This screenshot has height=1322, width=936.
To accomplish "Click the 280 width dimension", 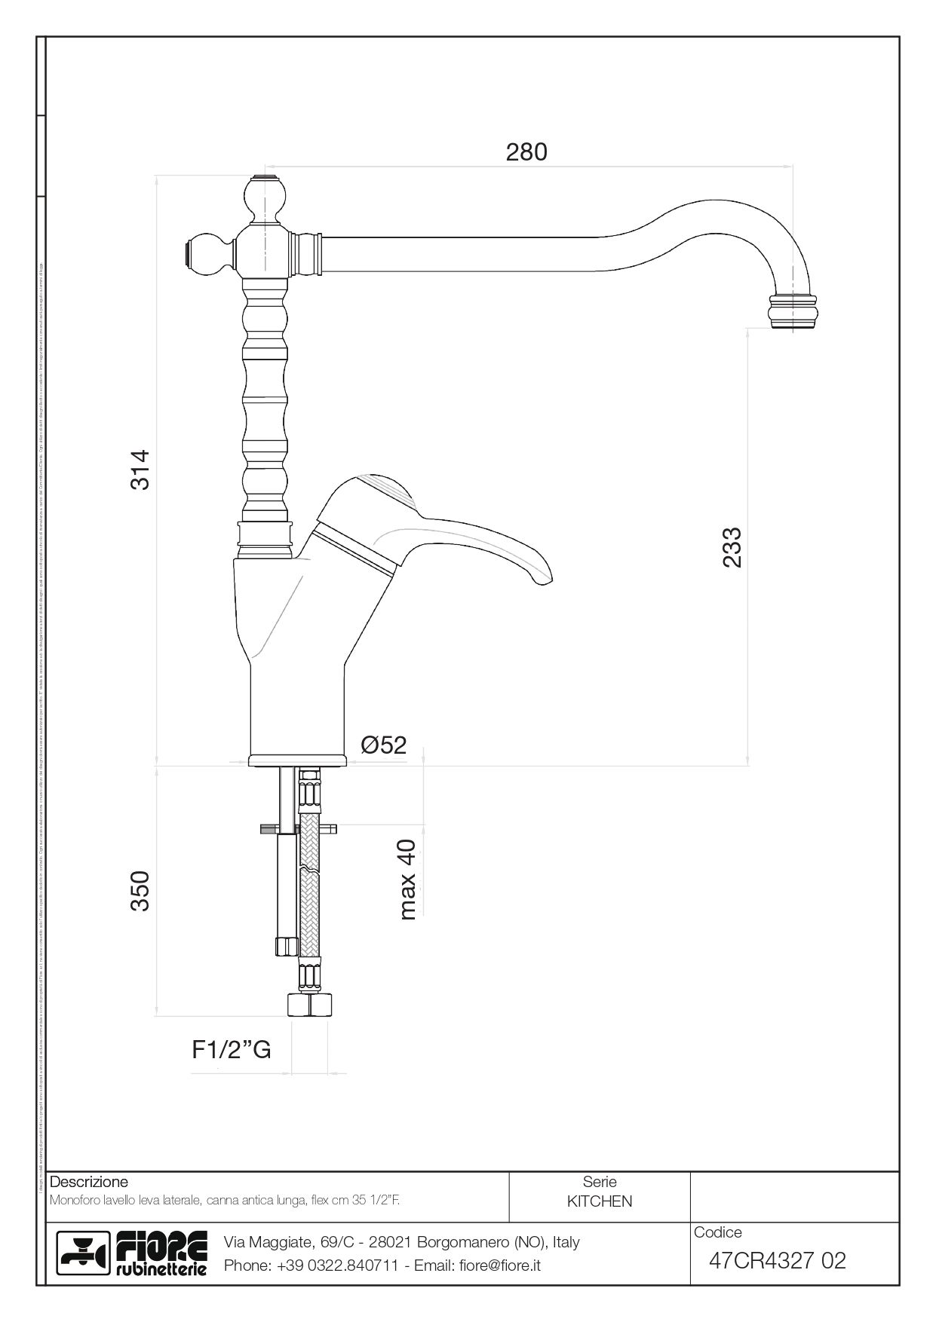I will click(x=526, y=152).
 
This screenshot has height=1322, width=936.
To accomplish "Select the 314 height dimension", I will click(x=141, y=470).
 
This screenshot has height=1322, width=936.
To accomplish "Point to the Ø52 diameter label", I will click(x=383, y=745).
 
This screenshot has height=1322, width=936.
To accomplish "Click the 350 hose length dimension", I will click(x=141, y=890).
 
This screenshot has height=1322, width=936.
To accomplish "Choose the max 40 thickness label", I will click(x=407, y=880).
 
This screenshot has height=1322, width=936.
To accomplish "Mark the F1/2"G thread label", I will click(x=231, y=1049).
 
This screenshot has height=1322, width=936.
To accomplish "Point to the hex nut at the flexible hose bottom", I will click(x=309, y=1005).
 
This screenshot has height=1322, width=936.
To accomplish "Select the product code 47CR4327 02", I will click(x=778, y=1260).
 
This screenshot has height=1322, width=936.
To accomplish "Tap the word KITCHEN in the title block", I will click(x=600, y=1201).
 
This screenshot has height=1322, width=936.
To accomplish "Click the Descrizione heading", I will click(x=88, y=1182).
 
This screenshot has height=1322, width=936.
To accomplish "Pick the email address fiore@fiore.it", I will click(x=500, y=1265).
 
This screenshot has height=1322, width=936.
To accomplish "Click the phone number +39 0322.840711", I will click(x=337, y=1265).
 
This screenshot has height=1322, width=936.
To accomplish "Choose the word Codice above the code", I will click(x=717, y=1232).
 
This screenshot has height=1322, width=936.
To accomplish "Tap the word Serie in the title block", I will click(x=600, y=1182).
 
